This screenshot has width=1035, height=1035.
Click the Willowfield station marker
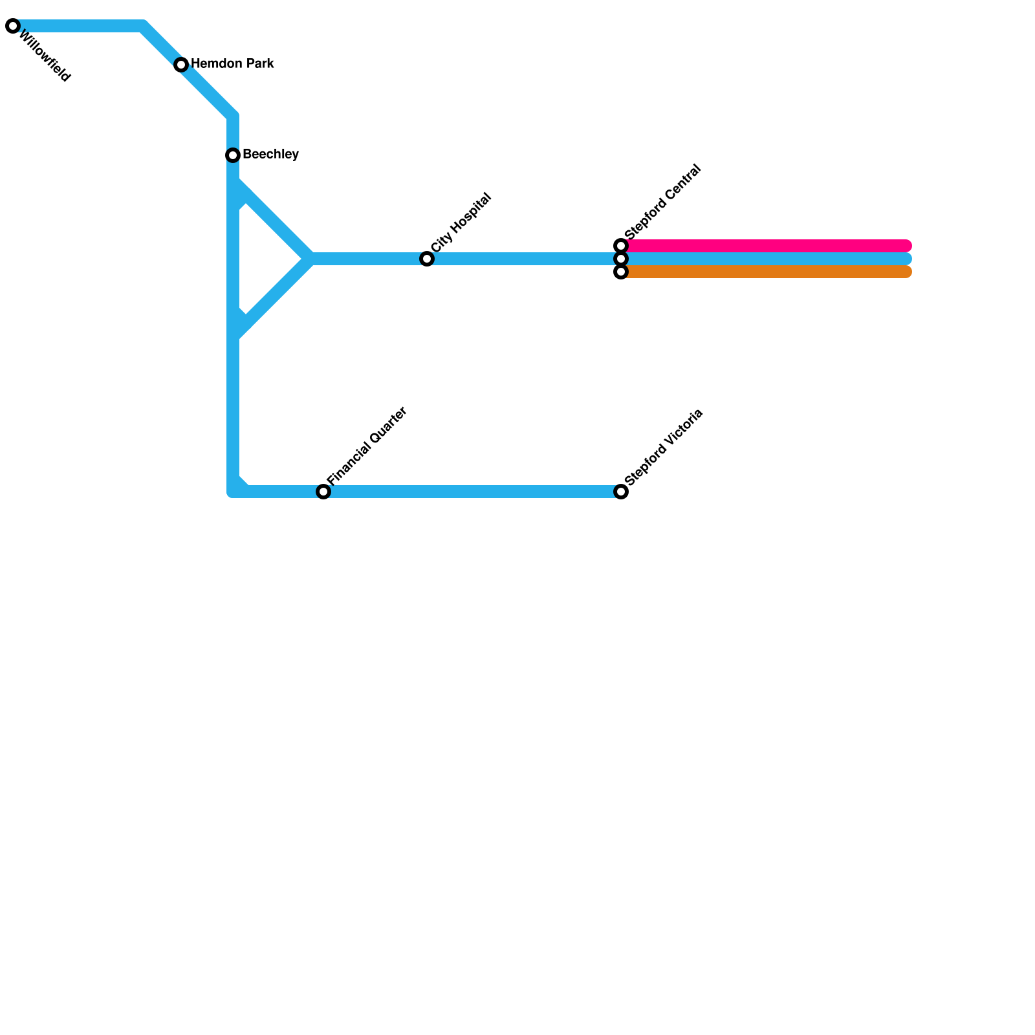13,27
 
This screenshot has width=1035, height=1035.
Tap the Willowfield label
44,56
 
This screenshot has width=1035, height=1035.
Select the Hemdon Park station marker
181,65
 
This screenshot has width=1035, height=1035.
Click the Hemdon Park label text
232,64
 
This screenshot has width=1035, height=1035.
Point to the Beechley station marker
233,155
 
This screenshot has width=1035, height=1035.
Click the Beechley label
270,155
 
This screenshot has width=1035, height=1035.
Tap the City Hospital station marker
427,259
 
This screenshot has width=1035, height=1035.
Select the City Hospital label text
461,223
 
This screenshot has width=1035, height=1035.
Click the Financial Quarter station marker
323,492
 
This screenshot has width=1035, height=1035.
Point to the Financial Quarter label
367,446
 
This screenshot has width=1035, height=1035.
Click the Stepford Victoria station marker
621,492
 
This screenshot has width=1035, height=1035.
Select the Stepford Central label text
663,201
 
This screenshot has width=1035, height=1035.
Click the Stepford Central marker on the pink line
621,246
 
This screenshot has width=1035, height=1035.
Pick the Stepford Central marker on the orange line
621,272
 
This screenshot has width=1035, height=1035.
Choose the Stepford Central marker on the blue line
621,259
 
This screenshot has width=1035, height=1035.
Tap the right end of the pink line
907,246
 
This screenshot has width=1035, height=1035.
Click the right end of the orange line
907,272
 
